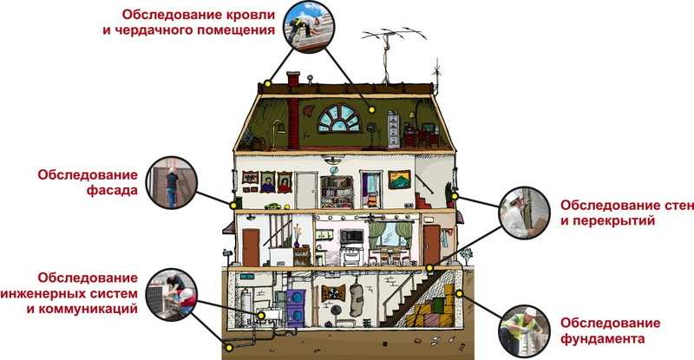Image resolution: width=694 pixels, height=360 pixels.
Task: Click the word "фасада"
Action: [x=112, y=190]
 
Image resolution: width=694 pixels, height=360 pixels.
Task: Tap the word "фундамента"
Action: [x=602, y=339]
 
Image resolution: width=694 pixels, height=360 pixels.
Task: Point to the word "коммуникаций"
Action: [x=82, y=308]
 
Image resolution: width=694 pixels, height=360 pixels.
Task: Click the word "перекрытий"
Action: [x=608, y=220]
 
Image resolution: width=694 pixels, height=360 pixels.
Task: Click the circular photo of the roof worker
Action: [x=309, y=27]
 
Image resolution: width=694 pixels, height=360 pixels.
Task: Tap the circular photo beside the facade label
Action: [x=171, y=182]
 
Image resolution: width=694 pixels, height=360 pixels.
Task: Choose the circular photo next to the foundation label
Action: [x=525, y=331]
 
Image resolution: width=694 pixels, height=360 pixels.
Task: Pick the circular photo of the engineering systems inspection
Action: [x=171, y=294]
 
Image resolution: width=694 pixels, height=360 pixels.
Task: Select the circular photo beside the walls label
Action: [x=525, y=213]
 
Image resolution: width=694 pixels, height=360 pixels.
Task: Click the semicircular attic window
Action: [x=339, y=118]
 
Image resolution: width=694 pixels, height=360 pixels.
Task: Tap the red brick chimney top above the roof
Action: [x=293, y=78]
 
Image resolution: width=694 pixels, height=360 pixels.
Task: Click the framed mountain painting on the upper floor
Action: [x=399, y=180]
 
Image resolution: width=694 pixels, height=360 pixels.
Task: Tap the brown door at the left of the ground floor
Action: [x=251, y=247]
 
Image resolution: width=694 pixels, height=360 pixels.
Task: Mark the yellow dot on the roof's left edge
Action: [x=267, y=83]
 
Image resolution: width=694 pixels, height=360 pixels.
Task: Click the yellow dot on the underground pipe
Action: [x=229, y=348]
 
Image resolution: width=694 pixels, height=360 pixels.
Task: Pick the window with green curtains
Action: [x=391, y=235]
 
